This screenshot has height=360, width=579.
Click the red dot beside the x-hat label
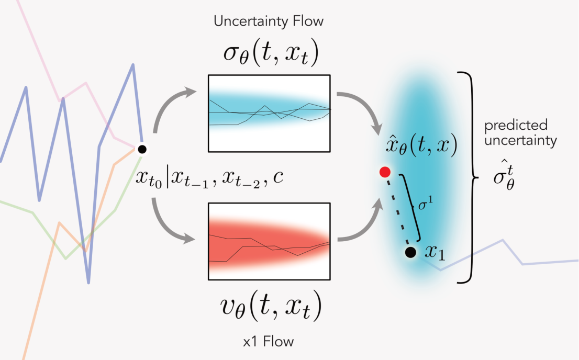click(x=385, y=172)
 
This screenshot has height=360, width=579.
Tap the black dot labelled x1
click(x=411, y=252)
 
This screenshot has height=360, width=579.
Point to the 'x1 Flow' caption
click(x=269, y=342)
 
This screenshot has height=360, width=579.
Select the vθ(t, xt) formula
click(x=269, y=309)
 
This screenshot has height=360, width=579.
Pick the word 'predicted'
click(x=516, y=126)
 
